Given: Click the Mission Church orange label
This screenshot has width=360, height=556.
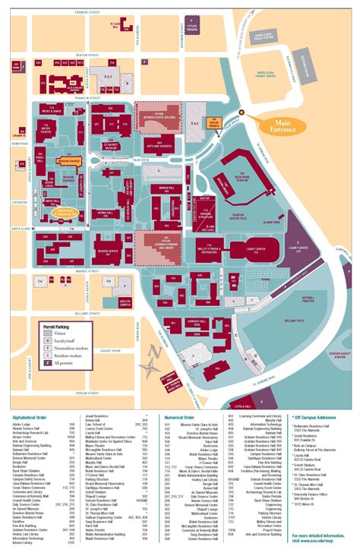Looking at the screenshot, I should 69,161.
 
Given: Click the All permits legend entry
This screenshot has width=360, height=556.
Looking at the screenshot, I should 61,362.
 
